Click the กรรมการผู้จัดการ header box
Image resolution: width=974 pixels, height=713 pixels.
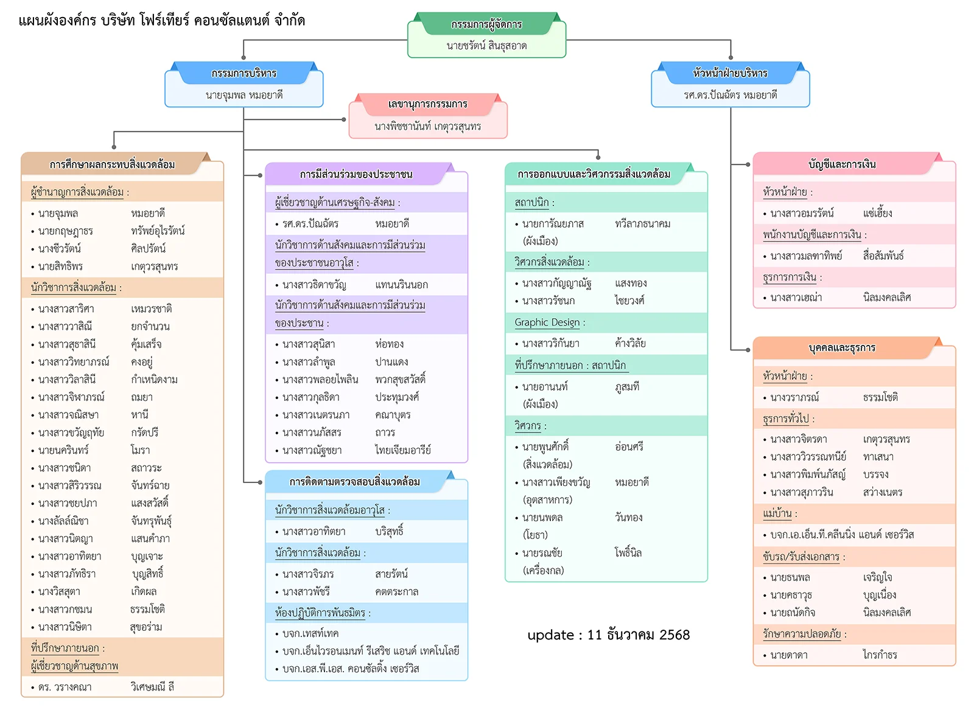coord(486,24)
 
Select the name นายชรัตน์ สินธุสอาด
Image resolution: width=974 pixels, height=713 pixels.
coord(486,46)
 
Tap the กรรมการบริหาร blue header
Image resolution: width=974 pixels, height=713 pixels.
coord(243,74)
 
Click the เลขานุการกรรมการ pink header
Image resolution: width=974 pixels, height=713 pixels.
coord(428,104)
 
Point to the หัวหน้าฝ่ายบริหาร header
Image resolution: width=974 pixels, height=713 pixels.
coord(730,74)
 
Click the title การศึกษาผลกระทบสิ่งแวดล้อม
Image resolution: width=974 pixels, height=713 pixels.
coord(113,164)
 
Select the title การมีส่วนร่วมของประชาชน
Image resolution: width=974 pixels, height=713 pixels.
coord(356,175)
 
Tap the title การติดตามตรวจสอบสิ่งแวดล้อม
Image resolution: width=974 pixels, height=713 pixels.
coord(355,482)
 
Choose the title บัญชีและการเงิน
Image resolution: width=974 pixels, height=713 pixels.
coord(842,164)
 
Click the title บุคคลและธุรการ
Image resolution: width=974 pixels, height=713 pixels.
coord(842,348)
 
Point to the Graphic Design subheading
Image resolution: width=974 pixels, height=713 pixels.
coord(547,322)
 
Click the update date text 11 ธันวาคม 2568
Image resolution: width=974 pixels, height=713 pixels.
coord(638,635)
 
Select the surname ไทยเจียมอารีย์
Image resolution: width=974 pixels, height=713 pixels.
coord(403,450)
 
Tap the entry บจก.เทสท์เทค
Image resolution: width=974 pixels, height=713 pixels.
coord(310,633)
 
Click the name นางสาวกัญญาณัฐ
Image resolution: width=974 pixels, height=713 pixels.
coord(556,283)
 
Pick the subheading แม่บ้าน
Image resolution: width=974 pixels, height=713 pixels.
coord(777,513)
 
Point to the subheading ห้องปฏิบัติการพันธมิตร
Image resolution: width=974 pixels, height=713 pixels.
coord(320,613)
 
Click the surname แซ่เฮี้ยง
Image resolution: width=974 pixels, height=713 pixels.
coord(878,213)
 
